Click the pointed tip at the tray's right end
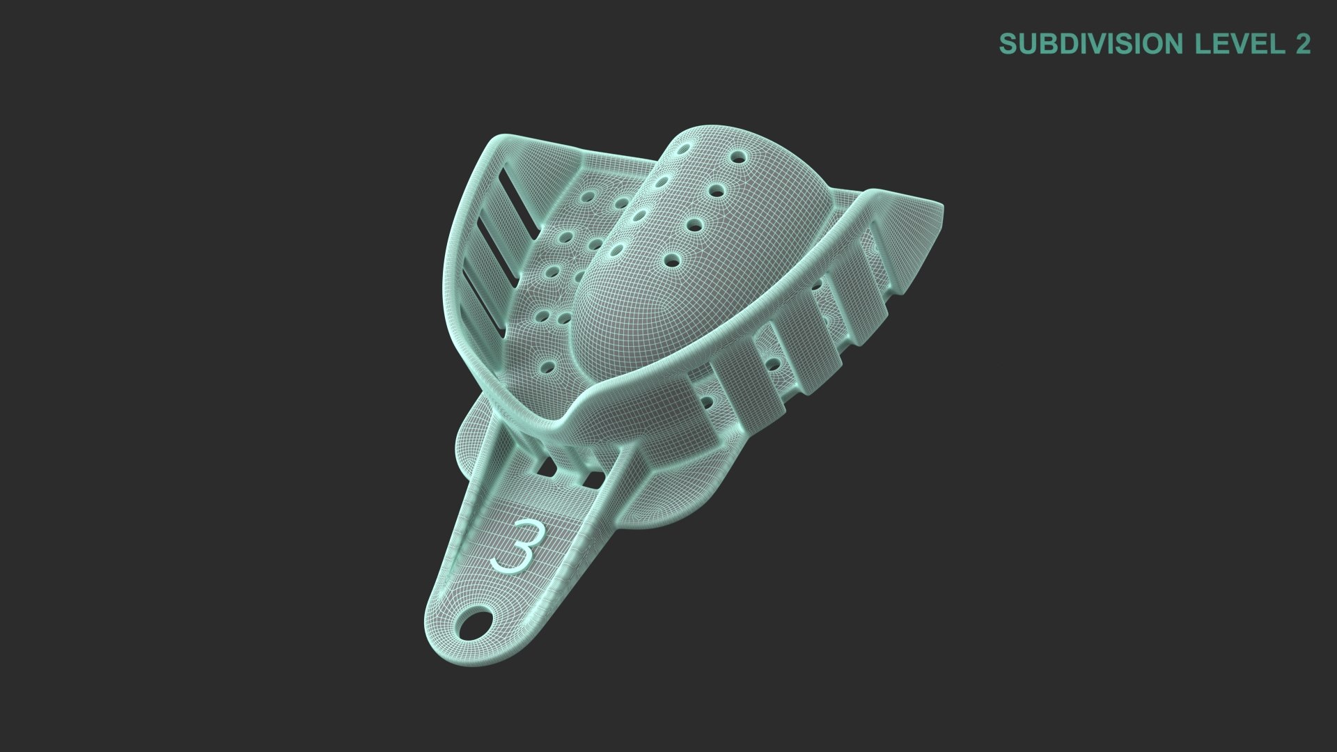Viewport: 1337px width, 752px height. click(x=939, y=210)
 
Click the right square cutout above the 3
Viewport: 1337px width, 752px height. click(x=593, y=480)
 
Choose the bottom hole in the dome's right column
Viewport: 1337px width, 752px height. click(x=673, y=260)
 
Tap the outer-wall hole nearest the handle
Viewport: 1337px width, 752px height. click(x=708, y=402)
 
